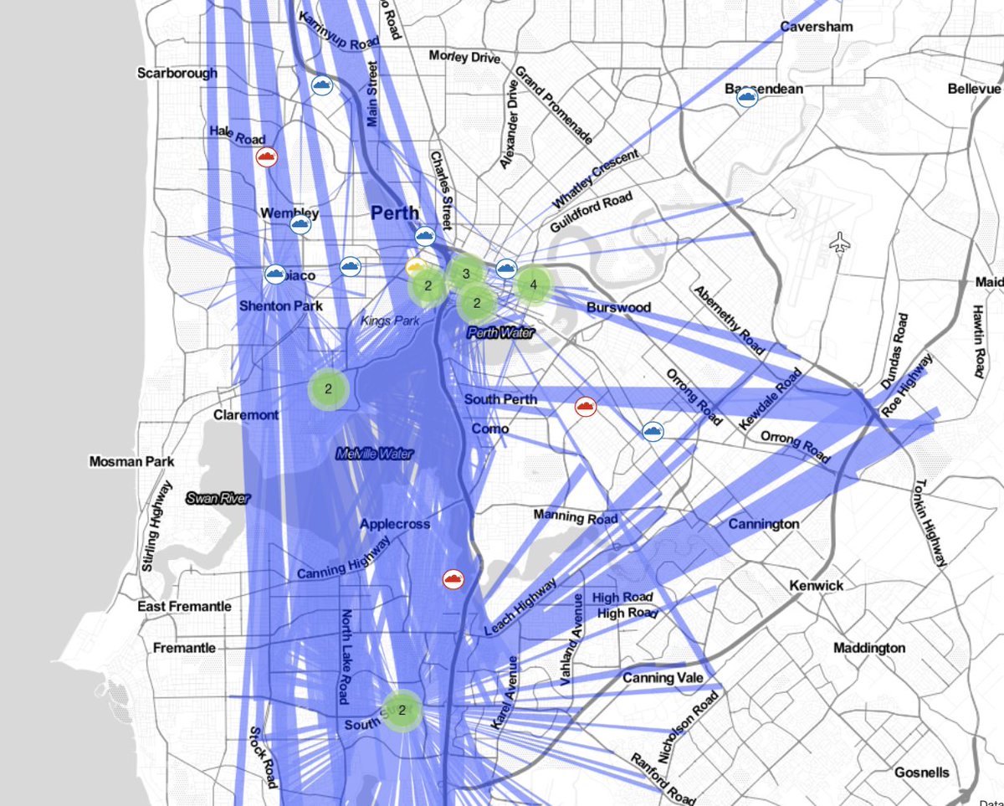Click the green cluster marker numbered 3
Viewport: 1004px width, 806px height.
click(466, 273)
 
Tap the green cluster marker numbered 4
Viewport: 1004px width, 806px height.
click(533, 285)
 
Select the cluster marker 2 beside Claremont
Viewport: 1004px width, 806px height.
click(329, 388)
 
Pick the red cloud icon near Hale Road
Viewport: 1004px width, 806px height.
click(267, 157)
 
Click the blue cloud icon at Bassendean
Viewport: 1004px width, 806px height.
click(746, 98)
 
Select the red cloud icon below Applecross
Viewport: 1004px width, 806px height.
click(453, 579)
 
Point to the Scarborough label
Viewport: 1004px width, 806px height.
click(177, 73)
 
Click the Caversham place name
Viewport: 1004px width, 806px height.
click(817, 27)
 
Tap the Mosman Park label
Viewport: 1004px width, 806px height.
click(132, 461)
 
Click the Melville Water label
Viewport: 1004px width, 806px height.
click(375, 454)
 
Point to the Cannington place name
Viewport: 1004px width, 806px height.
click(764, 524)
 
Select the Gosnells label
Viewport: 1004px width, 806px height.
click(922, 771)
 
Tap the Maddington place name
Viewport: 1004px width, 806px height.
click(869, 648)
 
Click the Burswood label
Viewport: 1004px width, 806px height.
click(618, 307)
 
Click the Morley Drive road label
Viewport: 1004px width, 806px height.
click(464, 57)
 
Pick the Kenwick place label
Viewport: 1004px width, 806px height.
click(816, 585)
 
